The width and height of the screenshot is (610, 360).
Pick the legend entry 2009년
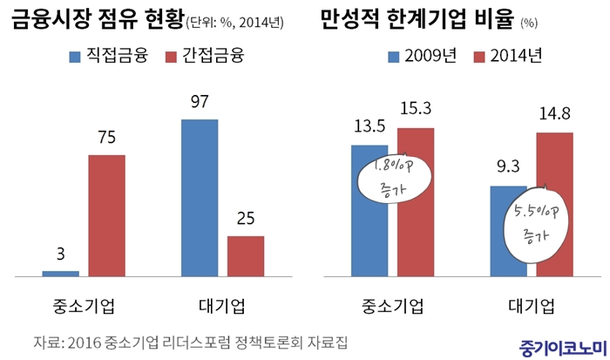[421, 56]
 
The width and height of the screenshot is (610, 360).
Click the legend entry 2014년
[505, 56]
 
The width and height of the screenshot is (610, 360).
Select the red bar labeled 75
[106, 215]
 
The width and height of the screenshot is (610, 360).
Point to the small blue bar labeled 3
[60, 273]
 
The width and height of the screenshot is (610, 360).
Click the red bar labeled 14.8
[555, 204]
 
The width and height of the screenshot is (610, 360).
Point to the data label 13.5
[369, 128]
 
